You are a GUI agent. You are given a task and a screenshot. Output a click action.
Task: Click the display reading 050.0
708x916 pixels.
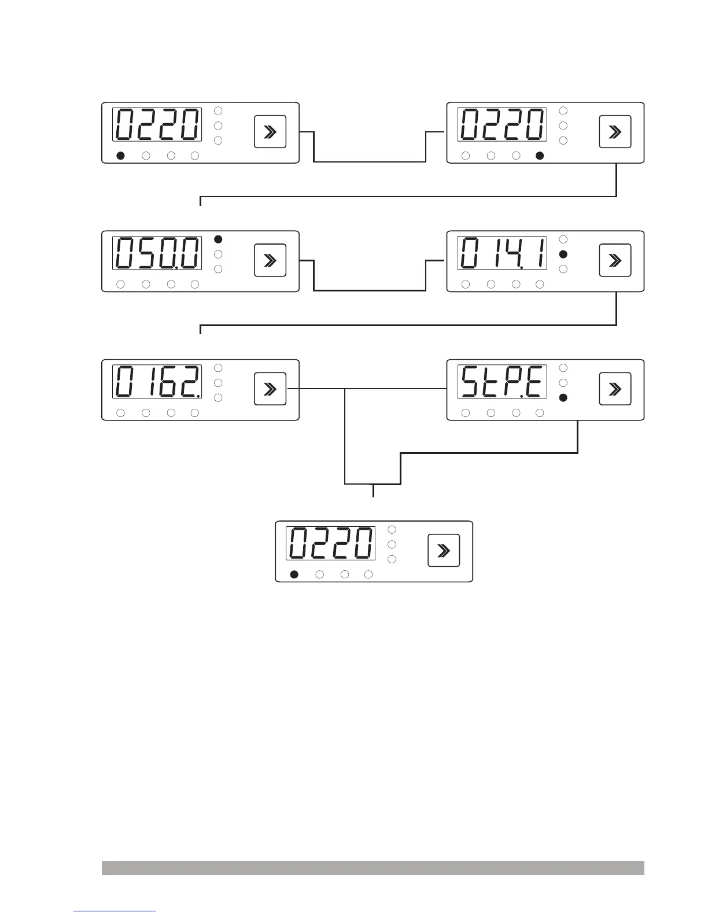(x=157, y=253)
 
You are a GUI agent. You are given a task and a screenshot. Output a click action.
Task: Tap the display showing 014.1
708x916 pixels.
(x=502, y=253)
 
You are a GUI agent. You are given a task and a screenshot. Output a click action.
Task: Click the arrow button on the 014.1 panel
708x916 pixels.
(x=615, y=260)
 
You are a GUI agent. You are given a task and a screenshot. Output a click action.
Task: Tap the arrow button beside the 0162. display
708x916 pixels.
(x=270, y=389)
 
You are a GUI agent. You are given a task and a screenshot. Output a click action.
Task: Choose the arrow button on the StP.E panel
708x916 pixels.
(x=615, y=389)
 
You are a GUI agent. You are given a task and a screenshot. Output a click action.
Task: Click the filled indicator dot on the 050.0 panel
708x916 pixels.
(x=218, y=239)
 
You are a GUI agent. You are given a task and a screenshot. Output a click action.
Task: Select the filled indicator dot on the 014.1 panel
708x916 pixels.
(x=563, y=254)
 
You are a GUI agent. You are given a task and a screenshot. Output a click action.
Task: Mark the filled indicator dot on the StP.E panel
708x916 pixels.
(x=563, y=398)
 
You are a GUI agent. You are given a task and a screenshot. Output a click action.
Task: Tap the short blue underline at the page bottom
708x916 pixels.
(x=115, y=911)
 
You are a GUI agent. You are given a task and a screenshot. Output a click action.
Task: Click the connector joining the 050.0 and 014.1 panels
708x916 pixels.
(x=370, y=289)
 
